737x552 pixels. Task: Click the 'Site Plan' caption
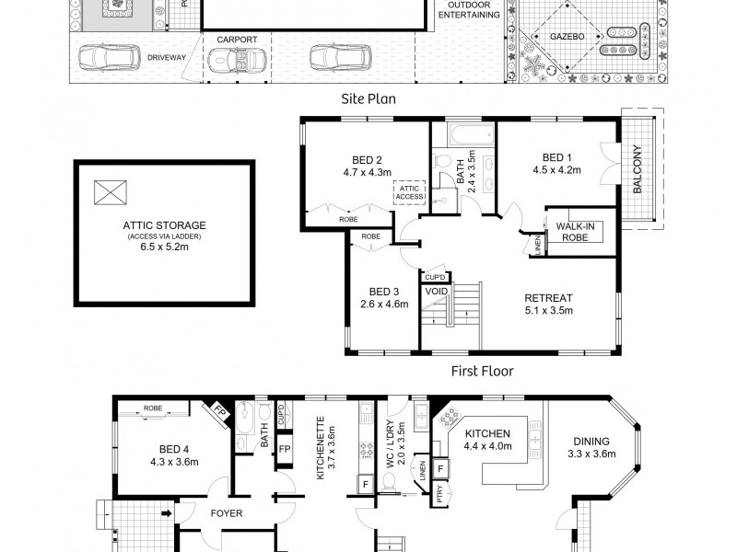368,97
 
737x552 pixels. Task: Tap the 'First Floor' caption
481,371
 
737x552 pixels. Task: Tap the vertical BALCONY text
638,170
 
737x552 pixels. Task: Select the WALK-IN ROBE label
574,231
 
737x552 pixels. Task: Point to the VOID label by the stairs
436,292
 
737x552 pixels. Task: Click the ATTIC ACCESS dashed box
408,193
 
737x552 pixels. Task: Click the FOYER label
226,513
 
